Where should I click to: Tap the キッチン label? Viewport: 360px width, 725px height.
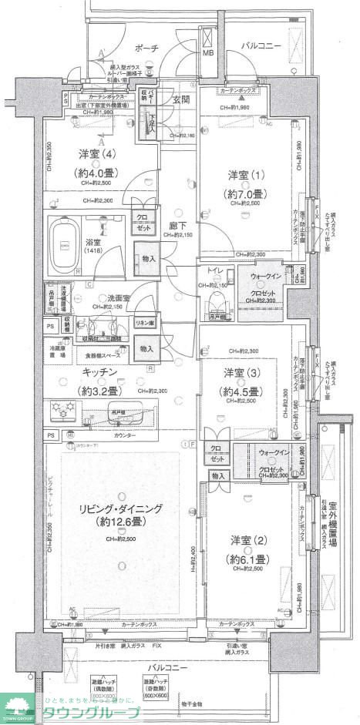coord(99,372)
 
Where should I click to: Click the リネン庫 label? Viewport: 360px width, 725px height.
coord(144,322)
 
